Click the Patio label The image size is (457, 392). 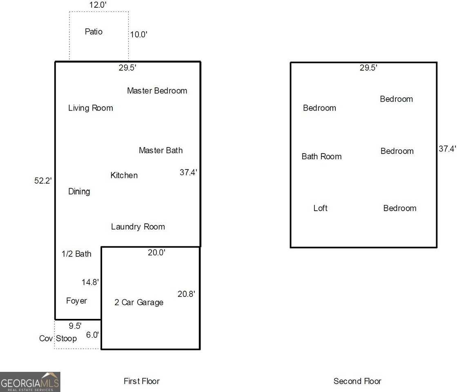tap(94, 31)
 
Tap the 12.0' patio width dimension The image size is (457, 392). tap(98, 4)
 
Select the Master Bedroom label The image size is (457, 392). tap(157, 91)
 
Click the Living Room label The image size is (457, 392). tap(91, 108)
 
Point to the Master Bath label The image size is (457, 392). tap(161, 150)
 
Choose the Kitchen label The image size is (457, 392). tap(124, 175)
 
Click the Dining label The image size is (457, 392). tap(79, 192)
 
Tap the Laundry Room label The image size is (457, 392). tap(138, 227)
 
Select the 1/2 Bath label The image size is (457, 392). tap(76, 254)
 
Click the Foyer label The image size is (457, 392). tap(76, 301)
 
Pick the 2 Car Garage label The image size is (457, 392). tap(139, 302)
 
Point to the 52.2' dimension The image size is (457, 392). tap(43, 181)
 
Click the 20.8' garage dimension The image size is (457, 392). tap(186, 294)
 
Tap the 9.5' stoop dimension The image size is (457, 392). tap(75, 326)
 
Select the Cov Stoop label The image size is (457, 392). tap(58, 339)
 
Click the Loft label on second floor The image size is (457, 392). tap(320, 208)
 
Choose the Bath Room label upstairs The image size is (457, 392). tap(321, 156)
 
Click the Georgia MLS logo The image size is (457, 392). tap(30, 382)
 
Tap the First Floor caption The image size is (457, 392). tap(142, 381)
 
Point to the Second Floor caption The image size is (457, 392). tap(357, 381)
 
